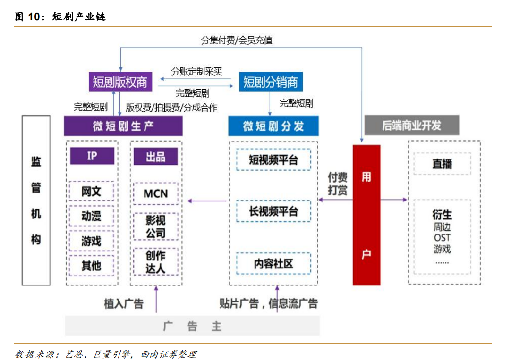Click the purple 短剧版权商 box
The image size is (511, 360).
tap(120, 82)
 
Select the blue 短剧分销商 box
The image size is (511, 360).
tap(271, 82)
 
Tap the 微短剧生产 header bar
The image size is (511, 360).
tap(123, 126)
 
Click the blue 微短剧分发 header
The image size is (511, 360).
tap(273, 126)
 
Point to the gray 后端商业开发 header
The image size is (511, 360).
tap(411, 126)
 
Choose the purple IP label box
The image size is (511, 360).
tap(92, 156)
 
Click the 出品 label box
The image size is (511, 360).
tap(155, 156)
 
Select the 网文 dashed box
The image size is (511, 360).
tap(91, 192)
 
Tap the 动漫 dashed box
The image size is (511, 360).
tap(91, 217)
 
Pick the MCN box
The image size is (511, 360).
tap(155, 193)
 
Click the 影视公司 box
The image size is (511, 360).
tap(155, 226)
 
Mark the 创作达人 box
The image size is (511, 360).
tap(155, 262)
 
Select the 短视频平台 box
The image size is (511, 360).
tap(273, 160)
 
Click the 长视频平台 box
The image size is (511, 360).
tap(273, 211)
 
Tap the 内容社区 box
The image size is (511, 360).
tap(273, 263)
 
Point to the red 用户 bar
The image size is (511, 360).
tap(366, 215)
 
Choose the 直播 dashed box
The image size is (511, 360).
tap(442, 164)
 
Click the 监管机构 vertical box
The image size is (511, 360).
tap(36, 200)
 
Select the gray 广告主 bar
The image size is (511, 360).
tap(192, 326)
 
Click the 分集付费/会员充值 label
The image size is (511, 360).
tap(237, 41)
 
